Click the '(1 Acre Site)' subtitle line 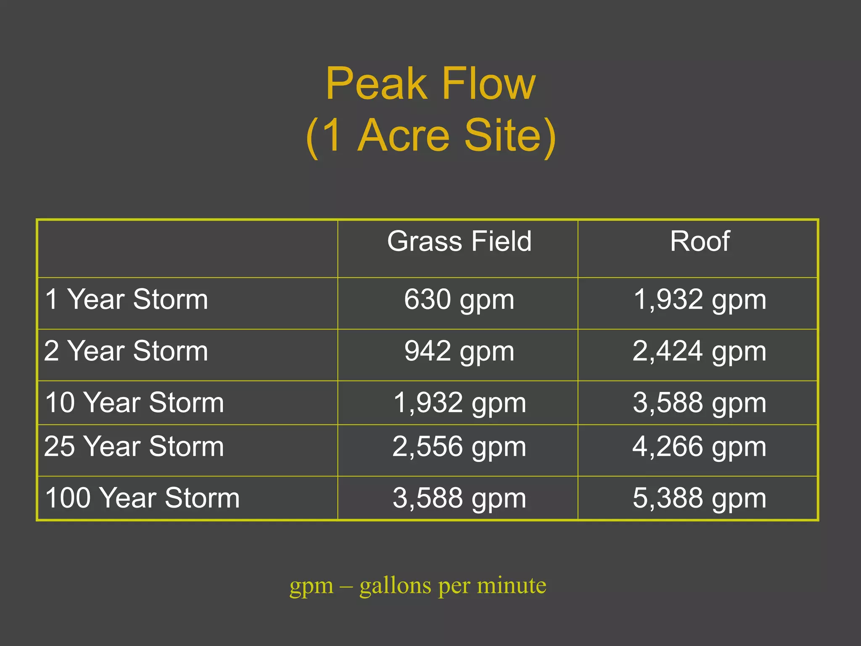(x=430, y=135)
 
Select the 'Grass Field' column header (x=459, y=241)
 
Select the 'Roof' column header (x=700, y=241)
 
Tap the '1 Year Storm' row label (x=126, y=299)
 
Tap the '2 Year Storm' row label (x=126, y=351)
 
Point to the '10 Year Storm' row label (x=134, y=402)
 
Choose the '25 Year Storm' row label (x=134, y=446)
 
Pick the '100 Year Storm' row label (x=142, y=498)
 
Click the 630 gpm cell (x=459, y=300)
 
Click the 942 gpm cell (x=459, y=352)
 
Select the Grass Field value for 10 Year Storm (x=459, y=403)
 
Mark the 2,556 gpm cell (x=459, y=447)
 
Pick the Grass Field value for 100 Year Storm (x=459, y=498)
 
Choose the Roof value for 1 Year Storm (x=700, y=300)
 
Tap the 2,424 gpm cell (x=700, y=352)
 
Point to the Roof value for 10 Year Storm (x=700, y=403)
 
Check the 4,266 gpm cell (x=700, y=447)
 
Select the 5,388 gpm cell (x=700, y=498)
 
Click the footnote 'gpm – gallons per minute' (x=418, y=585)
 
